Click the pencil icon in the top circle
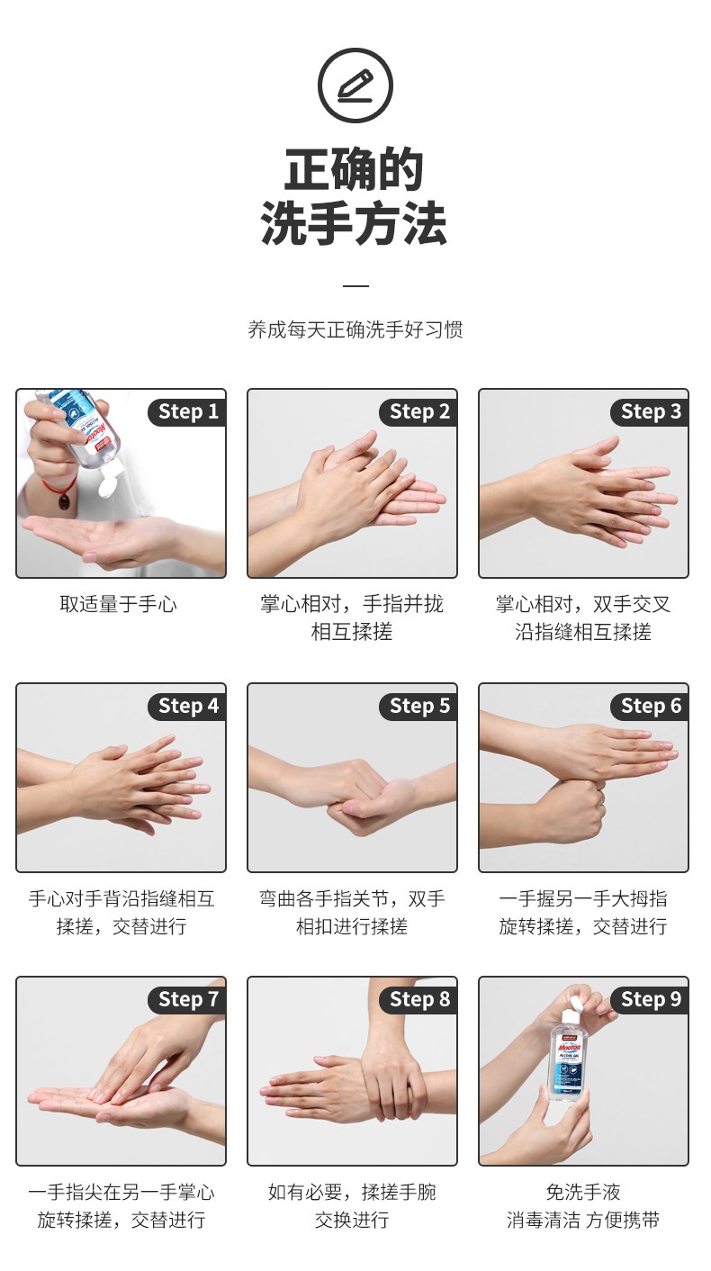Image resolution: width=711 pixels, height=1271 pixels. coord(355,86)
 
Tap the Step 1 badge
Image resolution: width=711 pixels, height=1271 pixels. coord(188,412)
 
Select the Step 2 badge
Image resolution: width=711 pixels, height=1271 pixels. coord(419,412)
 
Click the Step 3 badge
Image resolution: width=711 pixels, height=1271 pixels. coord(651,412)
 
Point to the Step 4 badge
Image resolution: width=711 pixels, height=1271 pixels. coord(188,707)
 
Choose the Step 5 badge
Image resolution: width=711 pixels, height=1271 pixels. coord(419,707)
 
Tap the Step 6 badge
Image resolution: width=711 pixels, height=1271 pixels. coord(651,707)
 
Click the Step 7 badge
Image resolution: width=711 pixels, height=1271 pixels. coord(188,999)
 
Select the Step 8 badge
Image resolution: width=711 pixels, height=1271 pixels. coord(419,999)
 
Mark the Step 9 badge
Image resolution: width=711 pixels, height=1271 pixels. coord(651,999)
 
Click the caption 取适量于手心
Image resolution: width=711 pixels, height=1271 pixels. coord(119,604)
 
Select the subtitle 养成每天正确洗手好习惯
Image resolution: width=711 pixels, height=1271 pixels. coord(355,329)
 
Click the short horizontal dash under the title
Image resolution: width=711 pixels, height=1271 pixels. coord(355,286)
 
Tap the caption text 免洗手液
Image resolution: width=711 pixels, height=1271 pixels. coord(583,1193)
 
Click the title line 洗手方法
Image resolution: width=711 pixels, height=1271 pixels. coord(354,224)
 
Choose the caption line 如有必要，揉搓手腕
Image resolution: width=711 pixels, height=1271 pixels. coord(352,1193)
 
